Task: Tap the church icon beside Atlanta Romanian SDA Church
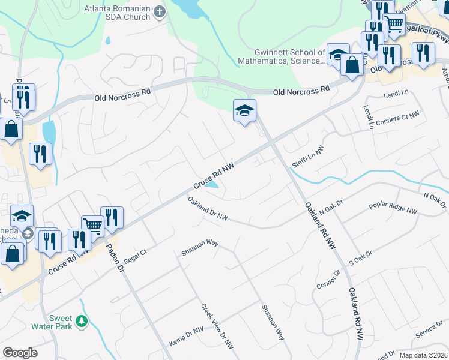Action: click(x=160, y=11)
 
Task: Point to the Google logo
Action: click(x=20, y=353)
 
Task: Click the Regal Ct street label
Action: click(x=135, y=252)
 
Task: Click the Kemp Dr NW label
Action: click(x=186, y=331)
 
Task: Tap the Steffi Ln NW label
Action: click(x=308, y=155)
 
